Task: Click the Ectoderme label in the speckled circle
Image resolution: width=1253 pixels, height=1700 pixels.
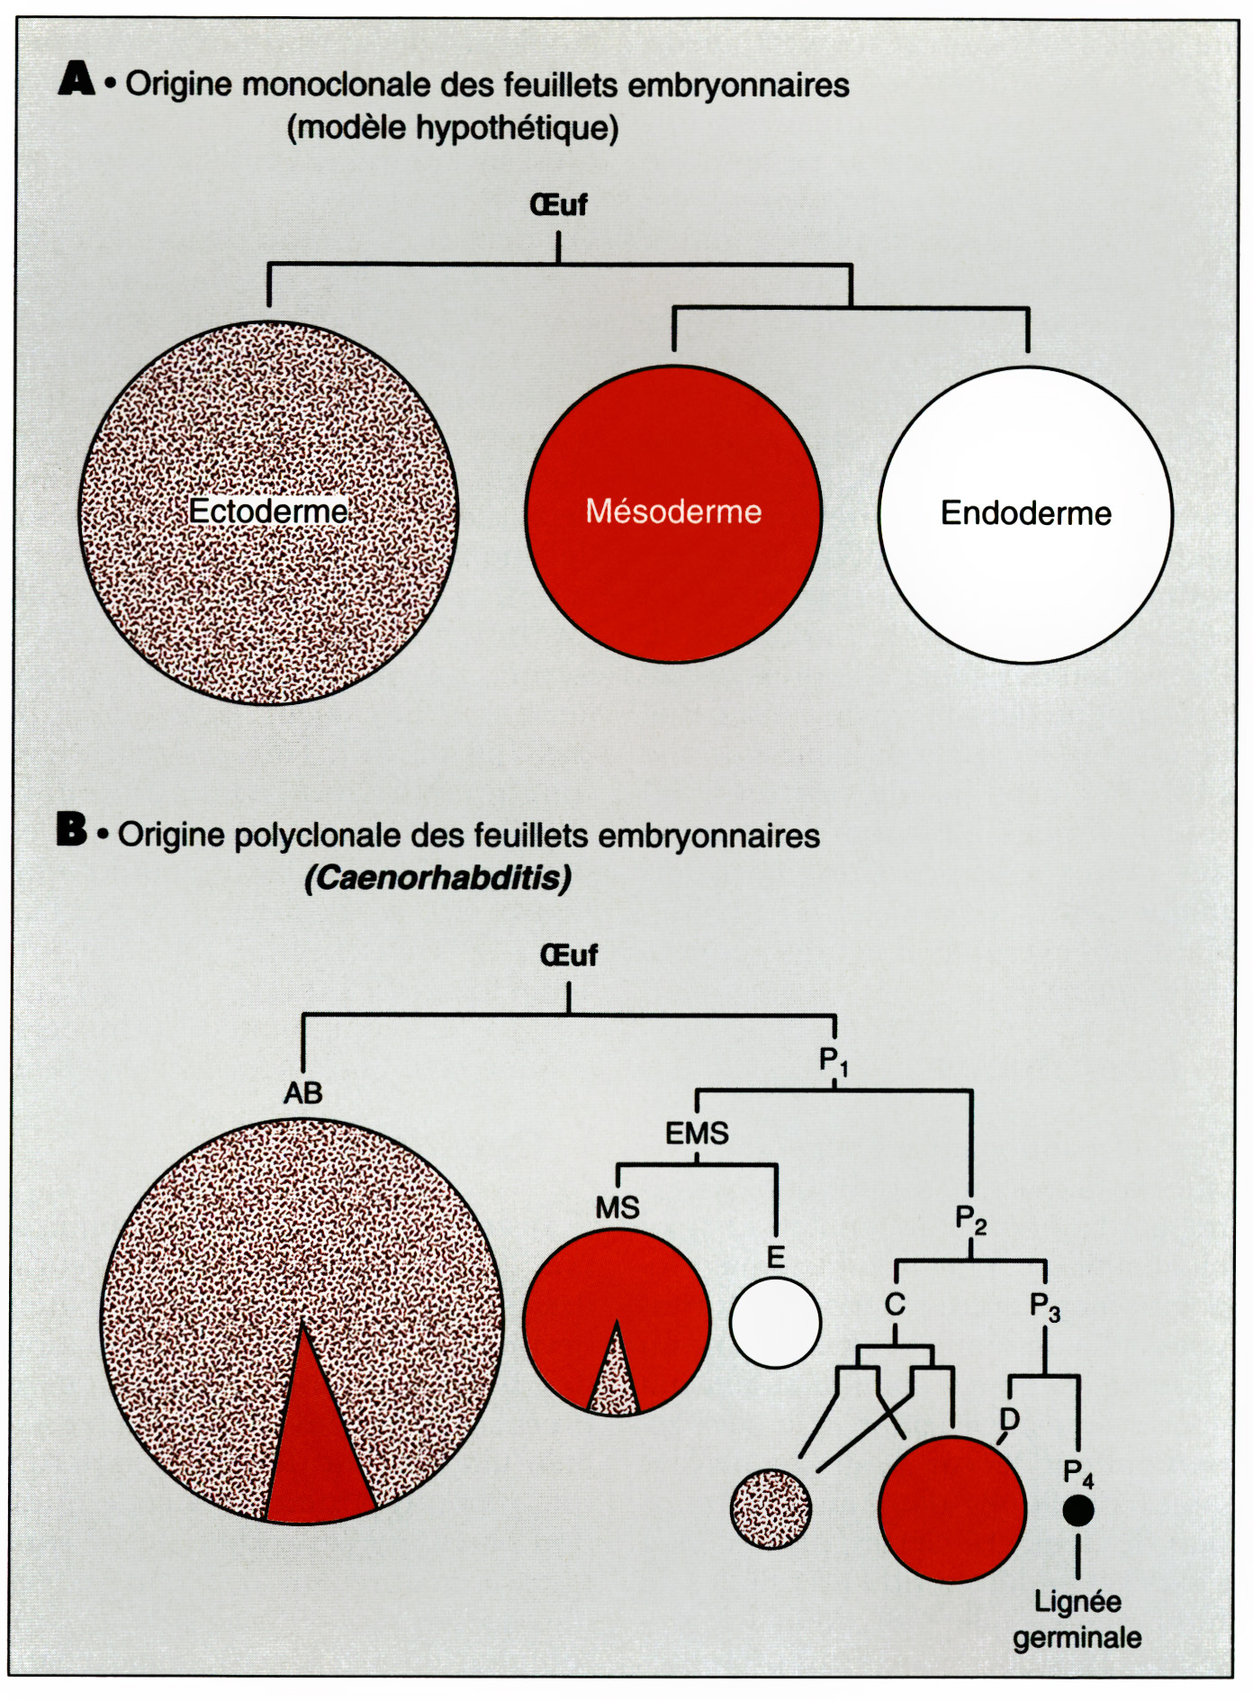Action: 268,511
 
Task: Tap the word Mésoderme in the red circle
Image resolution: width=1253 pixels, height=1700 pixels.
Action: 673,511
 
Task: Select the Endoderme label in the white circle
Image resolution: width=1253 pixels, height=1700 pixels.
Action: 1026,513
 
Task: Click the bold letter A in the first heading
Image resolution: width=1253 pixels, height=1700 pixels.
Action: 77,79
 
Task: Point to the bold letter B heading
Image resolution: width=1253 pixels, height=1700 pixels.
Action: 72,829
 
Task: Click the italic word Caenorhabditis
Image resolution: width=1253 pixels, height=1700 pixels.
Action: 438,878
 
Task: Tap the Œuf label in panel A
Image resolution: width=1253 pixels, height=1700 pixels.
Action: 558,205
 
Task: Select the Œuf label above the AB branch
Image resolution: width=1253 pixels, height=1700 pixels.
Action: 568,955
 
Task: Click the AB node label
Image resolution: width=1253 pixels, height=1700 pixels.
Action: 303,1093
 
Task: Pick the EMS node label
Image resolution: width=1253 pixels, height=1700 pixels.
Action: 697,1133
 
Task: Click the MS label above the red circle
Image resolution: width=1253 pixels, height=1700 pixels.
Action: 617,1207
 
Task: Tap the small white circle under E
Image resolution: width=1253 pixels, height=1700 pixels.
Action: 775,1323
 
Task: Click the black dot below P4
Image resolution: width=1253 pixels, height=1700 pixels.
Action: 1078,1510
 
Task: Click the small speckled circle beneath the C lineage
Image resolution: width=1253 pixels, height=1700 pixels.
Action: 771,1509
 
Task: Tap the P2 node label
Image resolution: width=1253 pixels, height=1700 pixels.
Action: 971,1220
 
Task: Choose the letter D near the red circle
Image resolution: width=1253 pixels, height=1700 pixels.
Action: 1010,1420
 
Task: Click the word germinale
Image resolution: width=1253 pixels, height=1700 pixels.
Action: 1077,1638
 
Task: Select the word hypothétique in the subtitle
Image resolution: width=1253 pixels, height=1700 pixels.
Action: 517,129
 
